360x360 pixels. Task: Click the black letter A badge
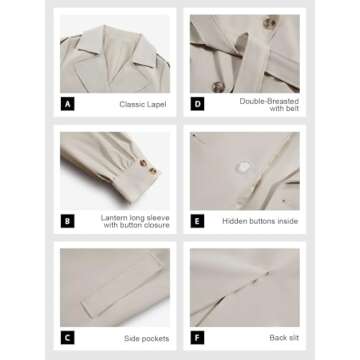click(x=67, y=104)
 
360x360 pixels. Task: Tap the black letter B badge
click(x=67, y=221)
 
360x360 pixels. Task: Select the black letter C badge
click(x=67, y=338)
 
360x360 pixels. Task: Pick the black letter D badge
click(x=197, y=104)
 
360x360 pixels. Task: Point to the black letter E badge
click(x=197, y=221)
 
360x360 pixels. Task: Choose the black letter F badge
click(x=197, y=338)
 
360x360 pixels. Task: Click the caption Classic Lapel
click(x=143, y=104)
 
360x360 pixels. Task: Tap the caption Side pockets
click(x=147, y=339)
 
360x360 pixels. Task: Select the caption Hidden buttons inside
click(x=260, y=221)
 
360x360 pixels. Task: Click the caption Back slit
click(x=284, y=338)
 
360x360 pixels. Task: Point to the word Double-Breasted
click(x=269, y=101)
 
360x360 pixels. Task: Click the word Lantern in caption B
click(x=113, y=218)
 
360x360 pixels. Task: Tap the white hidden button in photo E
click(x=245, y=167)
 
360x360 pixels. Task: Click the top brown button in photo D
click(x=270, y=22)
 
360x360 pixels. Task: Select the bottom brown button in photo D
click(x=218, y=87)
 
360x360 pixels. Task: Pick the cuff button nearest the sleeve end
click(x=153, y=171)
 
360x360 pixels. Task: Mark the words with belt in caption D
click(x=284, y=108)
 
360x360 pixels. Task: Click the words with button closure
click(x=136, y=225)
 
